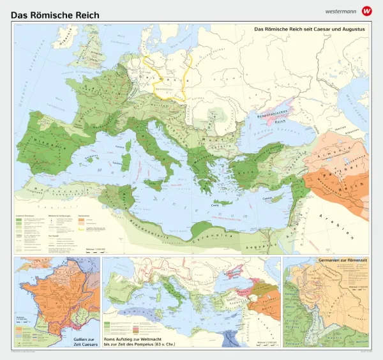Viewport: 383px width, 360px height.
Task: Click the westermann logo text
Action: (x=340, y=11)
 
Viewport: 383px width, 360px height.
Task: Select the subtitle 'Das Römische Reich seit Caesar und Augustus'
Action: (x=309, y=29)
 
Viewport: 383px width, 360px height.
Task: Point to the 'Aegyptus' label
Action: (x=267, y=243)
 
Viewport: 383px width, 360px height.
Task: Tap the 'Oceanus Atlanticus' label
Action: (x=26, y=96)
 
